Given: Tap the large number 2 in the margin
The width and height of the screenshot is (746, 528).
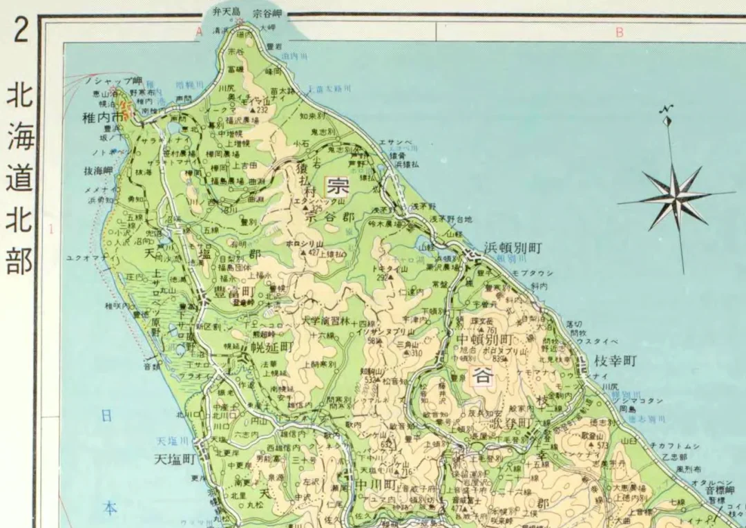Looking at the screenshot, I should (20, 31).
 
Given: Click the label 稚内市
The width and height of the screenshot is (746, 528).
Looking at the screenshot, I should (102, 117).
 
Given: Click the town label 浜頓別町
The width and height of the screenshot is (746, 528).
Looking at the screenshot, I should (513, 247).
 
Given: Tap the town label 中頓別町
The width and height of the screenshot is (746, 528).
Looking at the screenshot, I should (486, 341).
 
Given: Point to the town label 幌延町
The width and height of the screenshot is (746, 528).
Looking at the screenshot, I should (271, 347).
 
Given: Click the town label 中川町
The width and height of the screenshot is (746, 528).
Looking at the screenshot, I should (375, 483).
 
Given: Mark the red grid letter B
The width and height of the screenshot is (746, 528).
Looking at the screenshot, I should (620, 32).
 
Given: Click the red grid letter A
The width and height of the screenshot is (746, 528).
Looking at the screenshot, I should (199, 32).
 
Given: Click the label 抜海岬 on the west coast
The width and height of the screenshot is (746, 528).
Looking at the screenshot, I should (99, 170).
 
